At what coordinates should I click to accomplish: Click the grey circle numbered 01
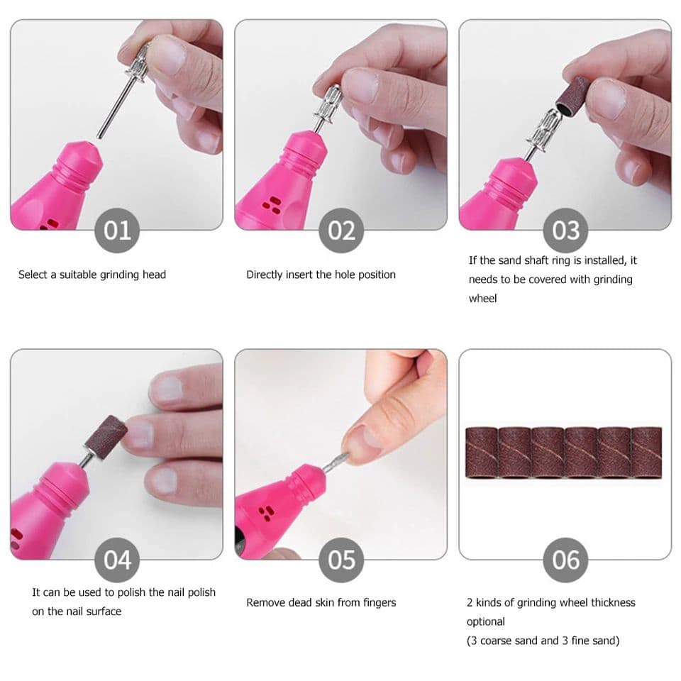coord(117,231)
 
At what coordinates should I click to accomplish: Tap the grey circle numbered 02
coord(341,231)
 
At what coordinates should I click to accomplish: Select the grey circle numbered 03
coord(565,231)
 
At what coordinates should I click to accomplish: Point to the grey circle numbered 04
coord(117,560)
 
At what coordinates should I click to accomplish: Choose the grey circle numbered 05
coord(341,560)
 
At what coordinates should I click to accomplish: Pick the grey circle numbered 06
coord(565,560)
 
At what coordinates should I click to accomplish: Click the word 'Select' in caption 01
coord(34,275)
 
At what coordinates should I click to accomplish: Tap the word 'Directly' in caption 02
coord(265,275)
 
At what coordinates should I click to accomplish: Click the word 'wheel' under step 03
coord(482,299)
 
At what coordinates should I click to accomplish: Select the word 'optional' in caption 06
coord(486,621)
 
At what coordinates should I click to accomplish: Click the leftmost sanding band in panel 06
coord(481,452)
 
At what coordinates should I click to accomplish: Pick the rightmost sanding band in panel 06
coord(646,452)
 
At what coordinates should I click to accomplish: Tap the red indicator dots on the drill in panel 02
coord(270,205)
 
